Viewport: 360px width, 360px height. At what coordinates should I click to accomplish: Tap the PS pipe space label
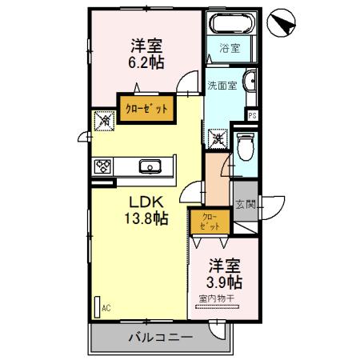coord(252,115)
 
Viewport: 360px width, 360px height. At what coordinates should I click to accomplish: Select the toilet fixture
coord(245,146)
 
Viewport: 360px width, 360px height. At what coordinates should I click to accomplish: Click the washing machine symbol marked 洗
coord(217,138)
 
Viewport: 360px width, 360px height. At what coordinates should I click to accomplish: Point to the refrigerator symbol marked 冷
coord(105,121)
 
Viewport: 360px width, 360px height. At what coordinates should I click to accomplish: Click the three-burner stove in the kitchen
coord(103,166)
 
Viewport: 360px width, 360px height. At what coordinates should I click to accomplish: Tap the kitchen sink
coord(149,166)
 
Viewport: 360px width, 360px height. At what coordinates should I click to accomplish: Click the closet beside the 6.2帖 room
coord(144,109)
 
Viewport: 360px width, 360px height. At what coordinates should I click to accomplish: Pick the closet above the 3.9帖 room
coord(209,221)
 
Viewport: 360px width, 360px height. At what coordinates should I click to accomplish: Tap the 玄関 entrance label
coord(244,206)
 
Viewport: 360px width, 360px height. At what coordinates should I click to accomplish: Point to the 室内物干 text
coord(216,300)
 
